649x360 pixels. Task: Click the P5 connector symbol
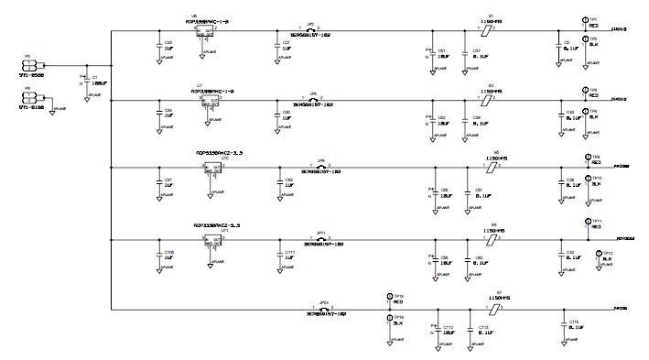[x=28, y=65]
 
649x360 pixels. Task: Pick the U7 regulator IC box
[x=211, y=103]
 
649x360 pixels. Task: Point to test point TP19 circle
[x=390, y=317]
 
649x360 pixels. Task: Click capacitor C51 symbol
[x=433, y=54]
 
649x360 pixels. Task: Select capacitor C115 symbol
[x=560, y=326]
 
